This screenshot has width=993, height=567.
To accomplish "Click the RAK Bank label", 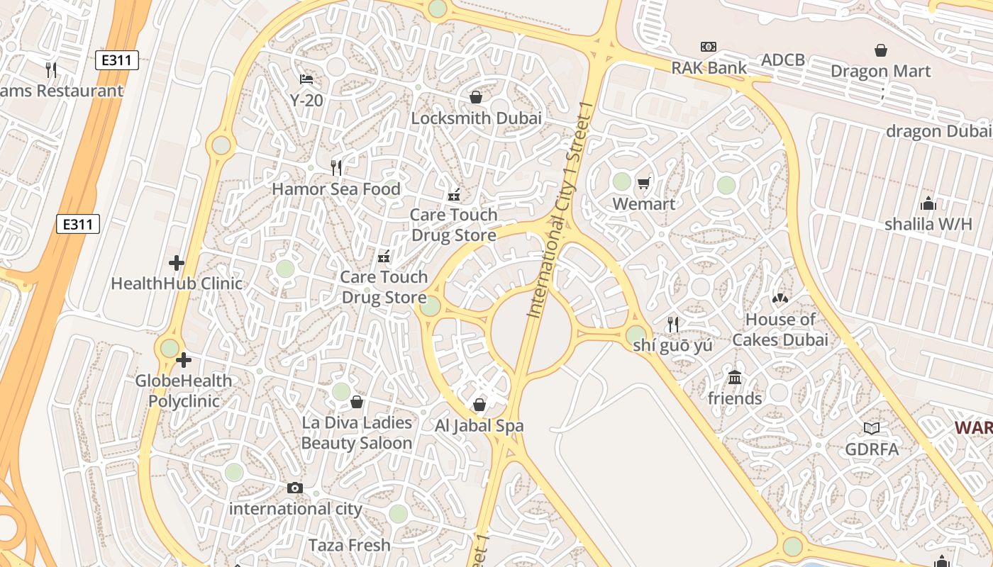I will (709, 68).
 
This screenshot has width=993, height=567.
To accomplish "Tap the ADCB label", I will (783, 60).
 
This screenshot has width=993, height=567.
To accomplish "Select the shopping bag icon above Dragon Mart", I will (880, 50).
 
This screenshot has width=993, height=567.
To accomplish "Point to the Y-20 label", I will (306, 101).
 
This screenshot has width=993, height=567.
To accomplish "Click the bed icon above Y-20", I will (306, 79).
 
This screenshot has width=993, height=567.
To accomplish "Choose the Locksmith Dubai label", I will (476, 118).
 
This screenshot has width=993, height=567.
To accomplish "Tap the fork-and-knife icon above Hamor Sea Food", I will (336, 168).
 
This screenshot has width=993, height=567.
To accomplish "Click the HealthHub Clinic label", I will (177, 283).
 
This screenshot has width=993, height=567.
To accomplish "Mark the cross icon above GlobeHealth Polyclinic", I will (184, 360).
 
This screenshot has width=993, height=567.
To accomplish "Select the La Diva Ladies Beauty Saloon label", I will (357, 432).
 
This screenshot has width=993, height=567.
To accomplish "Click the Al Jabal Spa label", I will (479, 426).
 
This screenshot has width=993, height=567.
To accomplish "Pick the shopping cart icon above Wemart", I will (643, 184).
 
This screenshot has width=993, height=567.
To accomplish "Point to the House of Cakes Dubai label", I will (780, 330).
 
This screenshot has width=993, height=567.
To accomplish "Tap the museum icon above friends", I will (735, 378).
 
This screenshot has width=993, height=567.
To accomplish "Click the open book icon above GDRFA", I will (872, 428).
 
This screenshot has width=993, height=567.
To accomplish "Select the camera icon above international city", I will (295, 488).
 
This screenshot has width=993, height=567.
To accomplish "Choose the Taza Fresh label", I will (350, 545).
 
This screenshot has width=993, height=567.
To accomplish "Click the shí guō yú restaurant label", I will (673, 346).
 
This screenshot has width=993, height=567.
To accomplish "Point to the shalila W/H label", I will (928, 224).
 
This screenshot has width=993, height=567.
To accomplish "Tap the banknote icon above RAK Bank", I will (709, 47).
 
